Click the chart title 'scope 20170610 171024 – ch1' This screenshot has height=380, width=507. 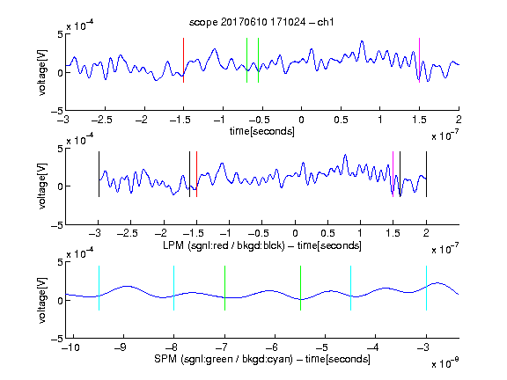pos(261,22)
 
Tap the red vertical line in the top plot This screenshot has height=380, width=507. pos(183,60)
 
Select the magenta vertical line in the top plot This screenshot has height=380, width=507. pos(419,60)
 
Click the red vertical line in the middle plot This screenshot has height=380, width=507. pos(196,174)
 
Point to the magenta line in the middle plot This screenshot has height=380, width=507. pos(393,174)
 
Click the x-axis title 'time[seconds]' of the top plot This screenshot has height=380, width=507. pos(262,131)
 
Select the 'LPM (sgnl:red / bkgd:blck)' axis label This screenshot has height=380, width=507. pos(224,245)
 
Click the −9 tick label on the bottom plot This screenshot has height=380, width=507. pos(121,347)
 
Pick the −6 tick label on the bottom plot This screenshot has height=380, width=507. pos(272,347)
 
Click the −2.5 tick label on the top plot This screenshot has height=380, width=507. pos(102,120)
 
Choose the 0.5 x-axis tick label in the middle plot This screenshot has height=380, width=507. pos(327,233)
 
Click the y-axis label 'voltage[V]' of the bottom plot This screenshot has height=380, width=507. pos(42,300)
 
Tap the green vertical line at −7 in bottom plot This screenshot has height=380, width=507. pos(224,288)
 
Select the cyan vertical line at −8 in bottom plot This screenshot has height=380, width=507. pos(174,288)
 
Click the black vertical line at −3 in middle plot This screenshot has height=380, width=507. pos(99,174)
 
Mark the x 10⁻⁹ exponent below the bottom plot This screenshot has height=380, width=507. pos(445,363)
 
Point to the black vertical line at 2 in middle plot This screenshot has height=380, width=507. pos(427,174)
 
